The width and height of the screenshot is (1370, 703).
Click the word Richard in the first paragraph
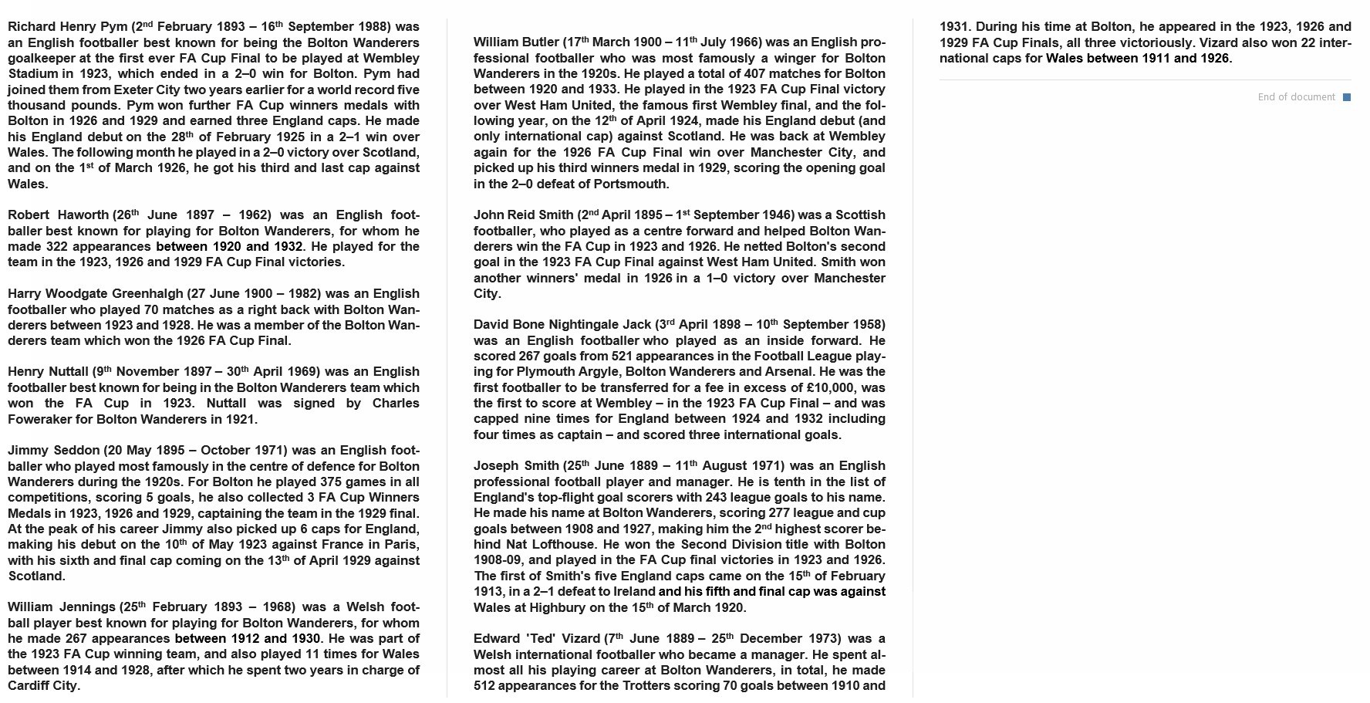coord(31,27)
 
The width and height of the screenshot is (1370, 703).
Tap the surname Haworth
coord(84,215)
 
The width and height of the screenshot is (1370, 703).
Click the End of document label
coord(1296,97)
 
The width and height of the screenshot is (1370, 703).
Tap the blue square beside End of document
coord(1347,97)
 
